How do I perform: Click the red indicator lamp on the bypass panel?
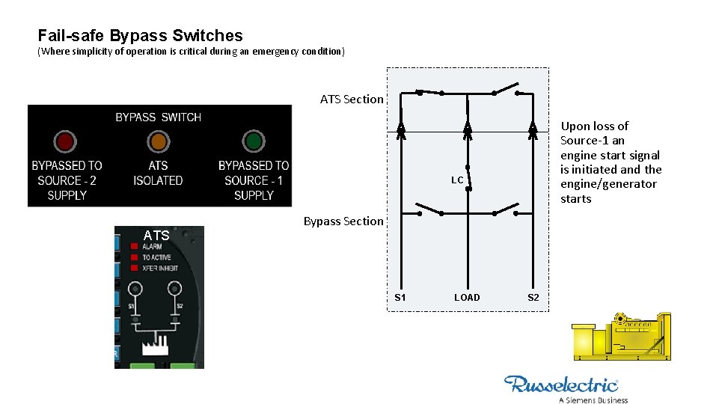[65, 141]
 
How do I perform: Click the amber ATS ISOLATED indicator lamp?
[158, 141]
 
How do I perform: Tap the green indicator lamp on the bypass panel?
[254, 141]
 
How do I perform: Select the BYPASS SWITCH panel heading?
[158, 117]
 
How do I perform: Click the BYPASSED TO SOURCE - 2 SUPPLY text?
[67, 180]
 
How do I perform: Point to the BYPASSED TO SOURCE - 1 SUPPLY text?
[254, 180]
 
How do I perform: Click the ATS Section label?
[352, 100]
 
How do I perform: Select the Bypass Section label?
[343, 221]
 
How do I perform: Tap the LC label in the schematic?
[457, 180]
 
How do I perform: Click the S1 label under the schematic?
[400, 298]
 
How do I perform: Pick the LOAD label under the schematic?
[467, 298]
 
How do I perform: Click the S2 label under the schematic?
[533, 298]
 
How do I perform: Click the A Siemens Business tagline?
[593, 400]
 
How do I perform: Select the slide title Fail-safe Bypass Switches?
[140, 35]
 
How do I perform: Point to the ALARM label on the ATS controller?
[152, 246]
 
